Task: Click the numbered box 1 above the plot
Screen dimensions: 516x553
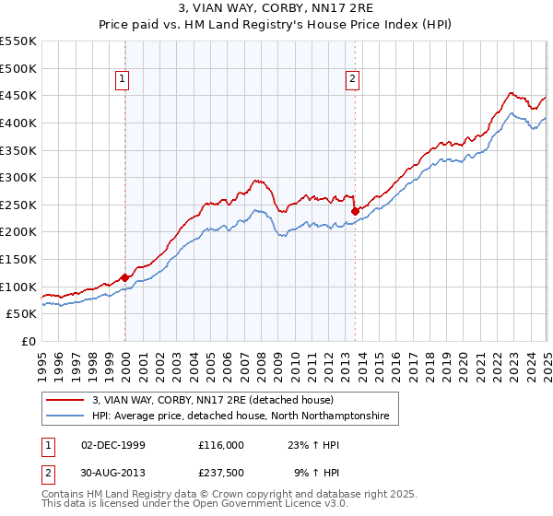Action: click(122, 80)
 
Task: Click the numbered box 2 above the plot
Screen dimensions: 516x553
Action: click(353, 80)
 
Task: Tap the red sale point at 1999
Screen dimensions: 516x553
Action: click(124, 277)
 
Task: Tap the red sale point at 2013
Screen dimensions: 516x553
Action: click(355, 211)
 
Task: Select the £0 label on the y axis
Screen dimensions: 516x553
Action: click(29, 341)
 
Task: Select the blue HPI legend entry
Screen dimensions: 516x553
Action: click(241, 416)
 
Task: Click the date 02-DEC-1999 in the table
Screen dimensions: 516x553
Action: click(113, 444)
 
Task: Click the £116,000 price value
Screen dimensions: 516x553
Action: click(221, 444)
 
